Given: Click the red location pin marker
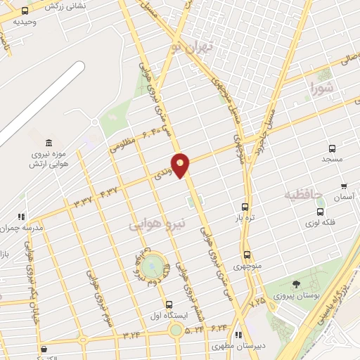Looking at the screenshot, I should click(x=181, y=165).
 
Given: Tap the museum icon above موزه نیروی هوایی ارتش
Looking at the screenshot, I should click(x=49, y=143).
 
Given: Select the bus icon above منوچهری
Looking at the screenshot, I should click(x=247, y=255).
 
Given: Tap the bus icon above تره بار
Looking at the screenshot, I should click(x=245, y=207).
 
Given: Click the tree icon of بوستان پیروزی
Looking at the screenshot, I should click(x=295, y=283).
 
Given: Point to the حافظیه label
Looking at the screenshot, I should click(x=302, y=193).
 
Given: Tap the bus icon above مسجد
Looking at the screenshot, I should click(x=333, y=148).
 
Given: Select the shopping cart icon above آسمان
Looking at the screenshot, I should click(x=343, y=186).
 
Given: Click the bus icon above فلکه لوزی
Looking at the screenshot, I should click(x=321, y=212).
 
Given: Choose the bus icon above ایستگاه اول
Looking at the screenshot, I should click(x=169, y=304).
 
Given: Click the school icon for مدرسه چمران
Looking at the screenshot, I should click(x=22, y=217).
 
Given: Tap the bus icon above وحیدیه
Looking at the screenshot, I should click(x=25, y=11).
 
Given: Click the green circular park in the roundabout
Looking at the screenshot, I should click(x=151, y=267).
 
